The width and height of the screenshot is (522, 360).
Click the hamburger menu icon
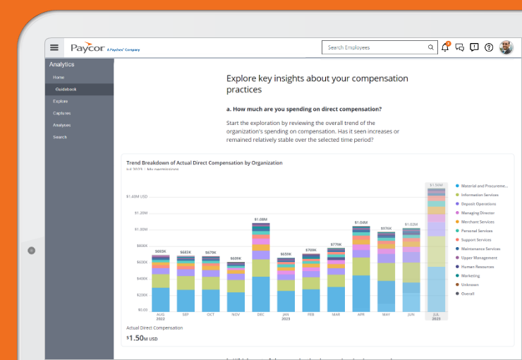54,47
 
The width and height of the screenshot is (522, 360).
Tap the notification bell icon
445,47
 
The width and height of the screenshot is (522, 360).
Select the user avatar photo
506,47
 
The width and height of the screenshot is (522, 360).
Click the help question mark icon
489,47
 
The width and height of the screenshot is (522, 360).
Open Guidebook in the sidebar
66,89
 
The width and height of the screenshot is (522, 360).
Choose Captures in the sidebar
61,113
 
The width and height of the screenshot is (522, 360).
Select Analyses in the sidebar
62,125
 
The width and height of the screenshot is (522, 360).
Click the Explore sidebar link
61,101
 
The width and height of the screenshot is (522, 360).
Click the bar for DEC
261,268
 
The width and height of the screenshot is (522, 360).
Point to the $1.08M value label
261,219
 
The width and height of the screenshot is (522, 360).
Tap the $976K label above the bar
386,228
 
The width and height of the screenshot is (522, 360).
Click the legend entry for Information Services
480,195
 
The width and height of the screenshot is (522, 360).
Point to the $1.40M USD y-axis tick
137,196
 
